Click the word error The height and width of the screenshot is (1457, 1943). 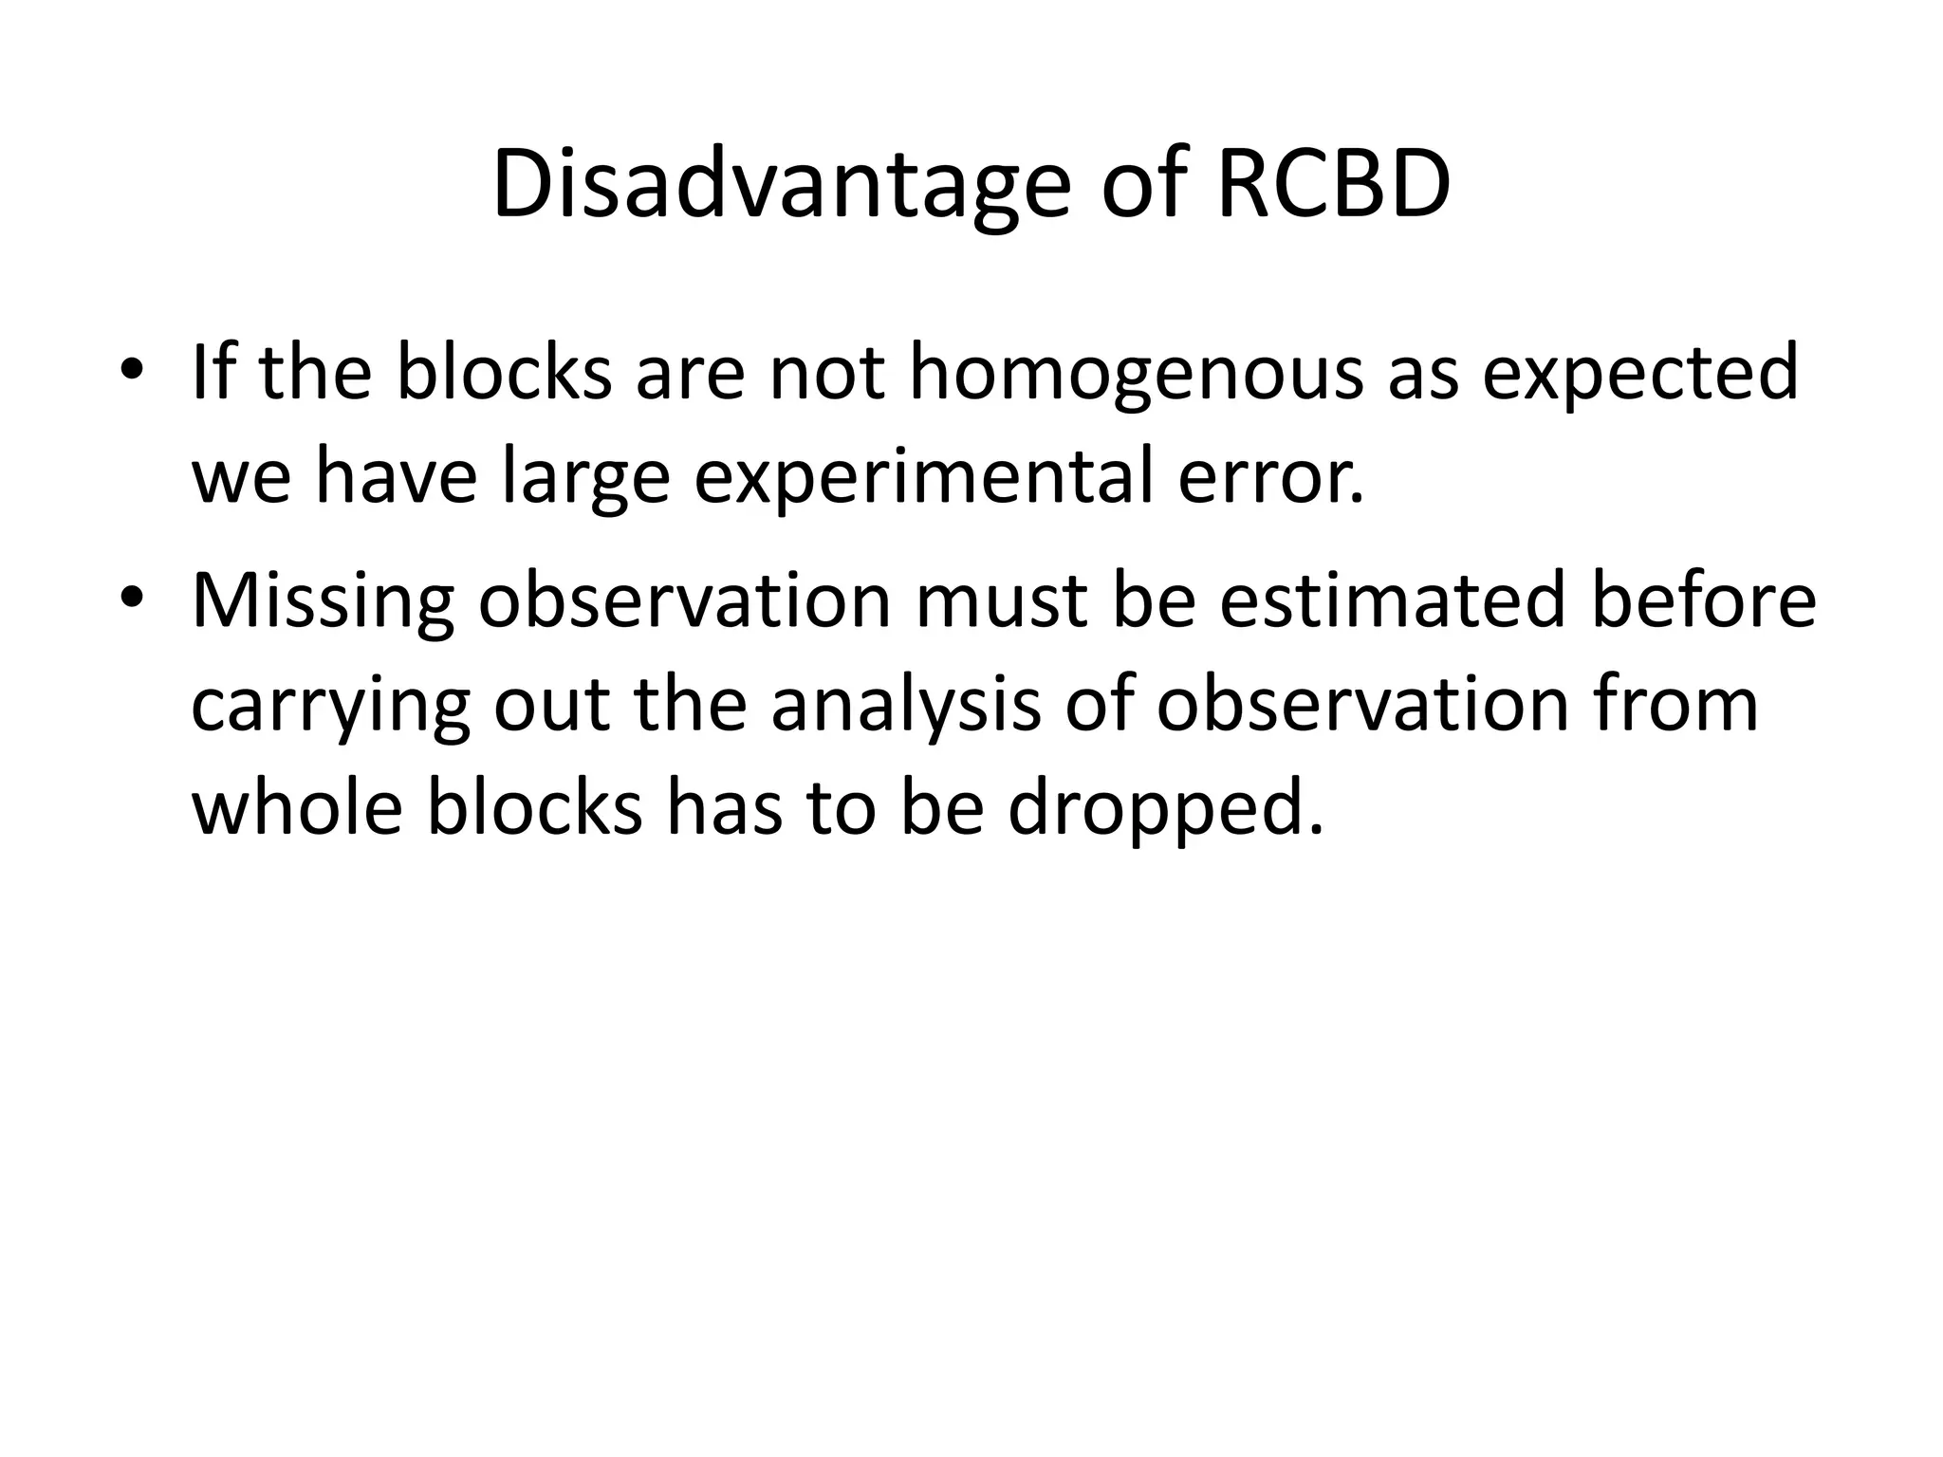pos(1270,477)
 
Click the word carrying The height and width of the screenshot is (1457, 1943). pos(329,708)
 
